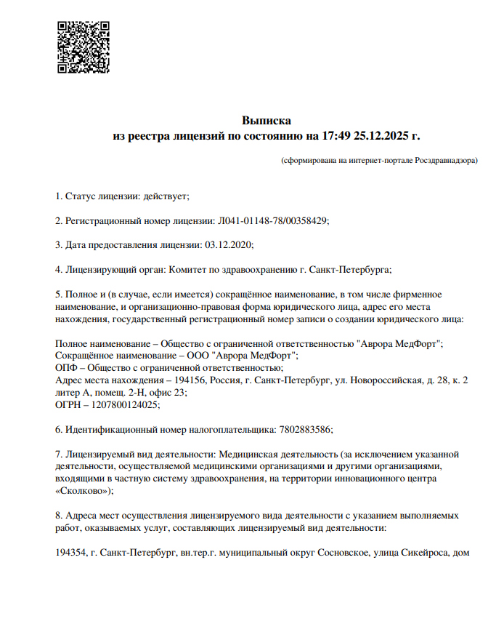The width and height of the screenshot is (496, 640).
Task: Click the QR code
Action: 84,47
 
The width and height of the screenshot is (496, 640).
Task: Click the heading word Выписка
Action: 267,120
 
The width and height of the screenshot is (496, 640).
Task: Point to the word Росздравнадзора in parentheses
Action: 445,160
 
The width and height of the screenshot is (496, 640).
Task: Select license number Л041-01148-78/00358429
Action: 273,220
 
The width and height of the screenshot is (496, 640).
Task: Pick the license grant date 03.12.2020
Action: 229,245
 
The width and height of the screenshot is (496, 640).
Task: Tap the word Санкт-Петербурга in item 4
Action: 350,270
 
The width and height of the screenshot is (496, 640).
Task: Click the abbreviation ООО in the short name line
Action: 195,356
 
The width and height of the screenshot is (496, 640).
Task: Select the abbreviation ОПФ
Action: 66,368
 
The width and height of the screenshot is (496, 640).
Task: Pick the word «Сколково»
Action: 83,492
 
